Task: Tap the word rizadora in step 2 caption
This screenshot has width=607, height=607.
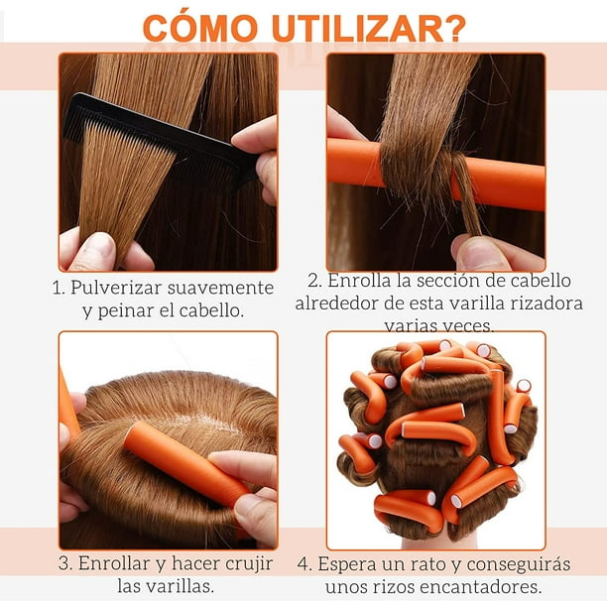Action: [x=544, y=303]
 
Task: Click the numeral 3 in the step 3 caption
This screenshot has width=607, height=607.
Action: [x=63, y=564]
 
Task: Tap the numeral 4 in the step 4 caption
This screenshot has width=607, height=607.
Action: [x=303, y=564]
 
